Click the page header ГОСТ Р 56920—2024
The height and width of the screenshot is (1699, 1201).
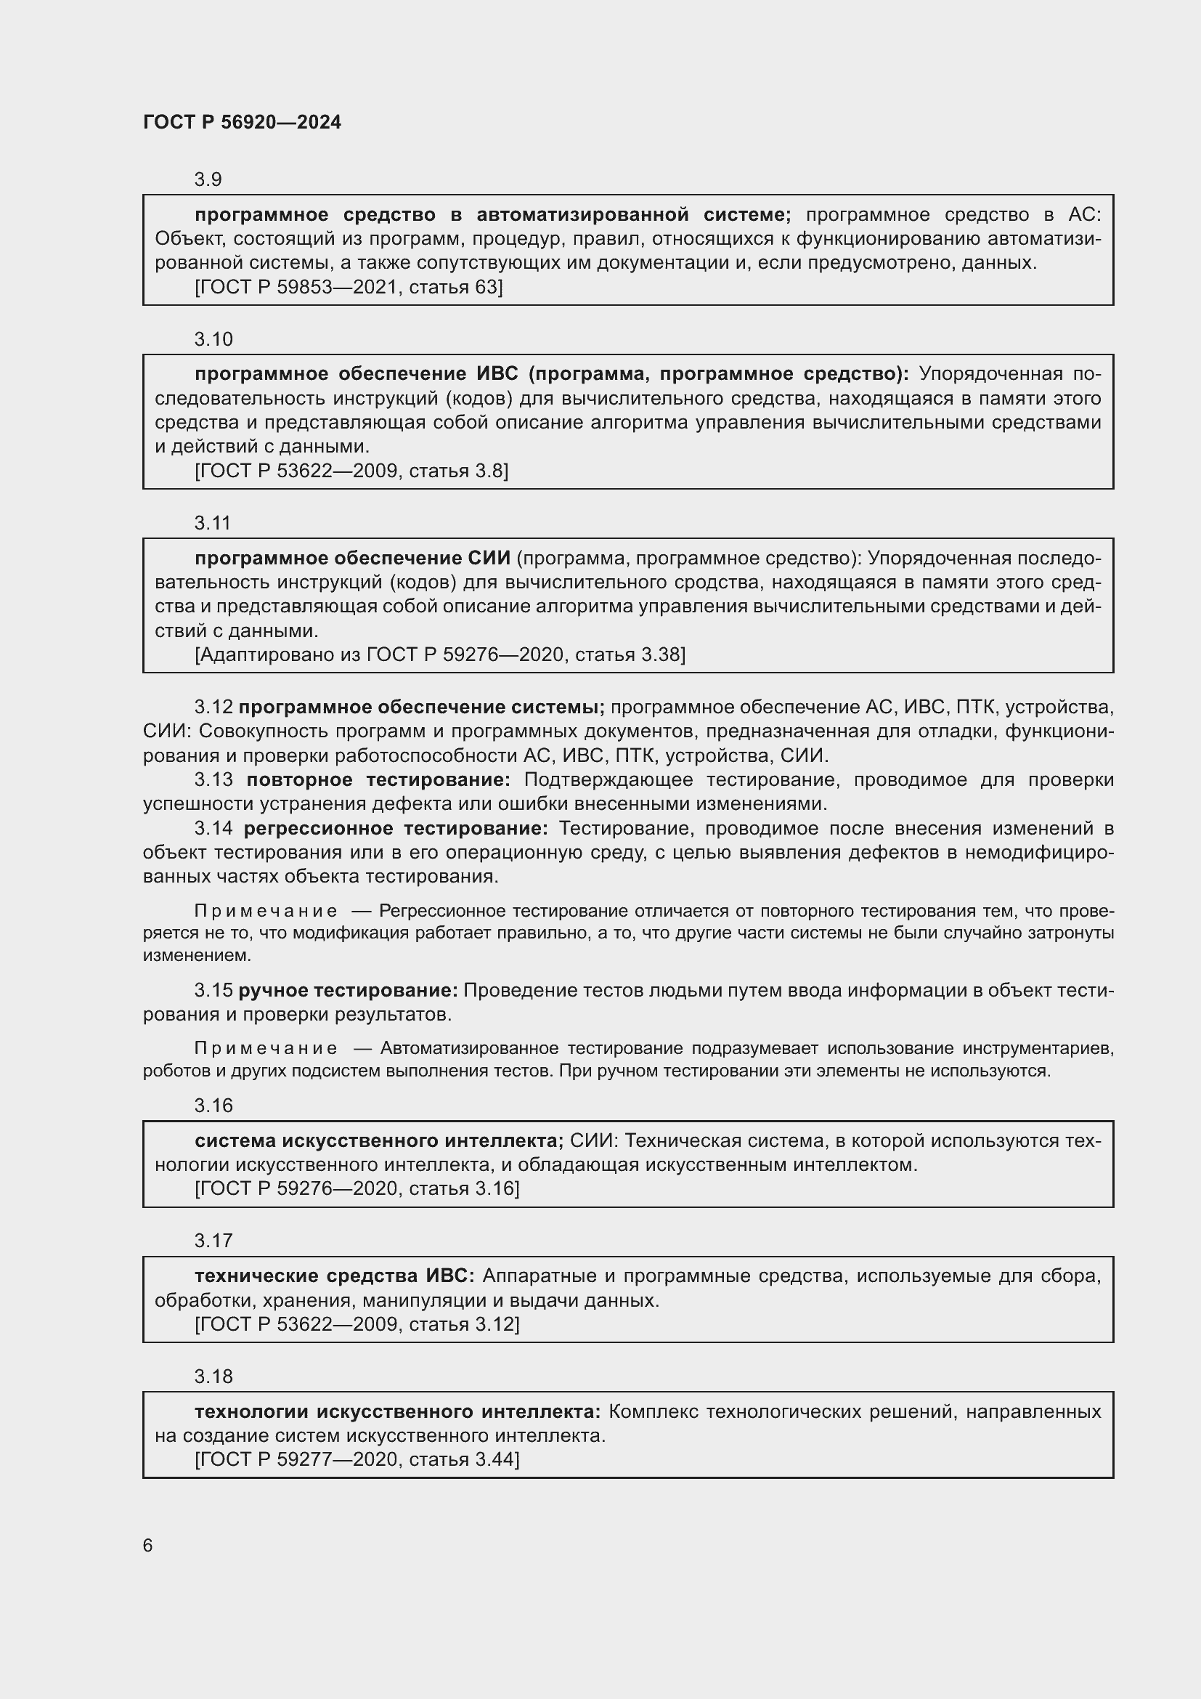click(242, 122)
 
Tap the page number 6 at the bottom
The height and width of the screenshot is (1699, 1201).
click(148, 1545)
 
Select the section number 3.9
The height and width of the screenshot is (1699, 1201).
click(208, 179)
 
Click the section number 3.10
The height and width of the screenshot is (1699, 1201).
click(213, 339)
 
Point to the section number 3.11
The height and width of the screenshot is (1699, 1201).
click(212, 522)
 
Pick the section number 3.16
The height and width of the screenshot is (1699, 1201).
click(213, 1105)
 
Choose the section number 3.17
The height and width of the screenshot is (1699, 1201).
click(213, 1240)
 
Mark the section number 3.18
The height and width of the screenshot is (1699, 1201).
click(213, 1376)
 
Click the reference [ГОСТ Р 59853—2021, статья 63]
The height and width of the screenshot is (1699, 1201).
click(349, 287)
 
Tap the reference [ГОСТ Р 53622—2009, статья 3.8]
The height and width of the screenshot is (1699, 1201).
click(351, 471)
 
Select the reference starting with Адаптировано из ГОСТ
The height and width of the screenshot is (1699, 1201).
click(440, 654)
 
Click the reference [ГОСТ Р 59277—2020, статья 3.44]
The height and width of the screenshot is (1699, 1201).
click(357, 1459)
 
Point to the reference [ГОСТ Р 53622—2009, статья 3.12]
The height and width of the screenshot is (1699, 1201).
click(357, 1324)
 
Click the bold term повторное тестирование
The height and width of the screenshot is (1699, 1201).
click(378, 779)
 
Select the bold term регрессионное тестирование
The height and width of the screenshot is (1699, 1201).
click(396, 827)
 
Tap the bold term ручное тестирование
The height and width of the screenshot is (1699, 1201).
click(348, 989)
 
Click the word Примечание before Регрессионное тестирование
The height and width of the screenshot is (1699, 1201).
click(266, 911)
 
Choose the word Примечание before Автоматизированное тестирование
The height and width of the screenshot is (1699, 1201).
click(266, 1048)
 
